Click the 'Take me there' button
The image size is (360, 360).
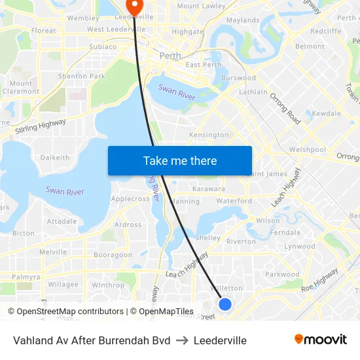click(180, 160)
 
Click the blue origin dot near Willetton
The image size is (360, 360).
click(225, 304)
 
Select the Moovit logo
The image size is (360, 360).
click(321, 340)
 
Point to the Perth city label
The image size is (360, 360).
click(170, 56)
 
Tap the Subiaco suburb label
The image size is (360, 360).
click(103, 47)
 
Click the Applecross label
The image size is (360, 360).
click(130, 199)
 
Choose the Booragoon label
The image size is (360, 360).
click(113, 255)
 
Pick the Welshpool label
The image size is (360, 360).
click(308, 149)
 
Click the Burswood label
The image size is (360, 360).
click(238, 78)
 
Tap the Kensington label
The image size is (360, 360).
click(209, 135)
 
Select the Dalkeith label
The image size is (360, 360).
click(55, 158)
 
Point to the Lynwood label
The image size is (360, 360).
click(299, 247)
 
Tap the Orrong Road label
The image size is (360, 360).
click(285, 108)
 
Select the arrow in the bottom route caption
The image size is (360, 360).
click(182, 340)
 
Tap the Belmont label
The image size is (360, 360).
click(310, 46)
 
